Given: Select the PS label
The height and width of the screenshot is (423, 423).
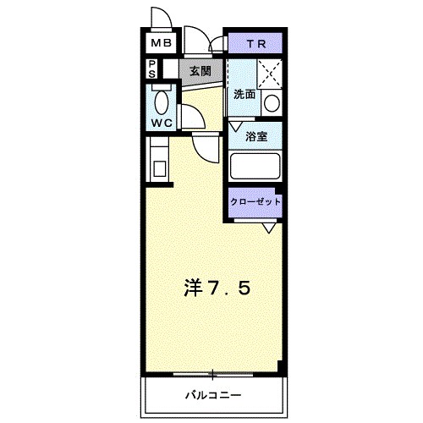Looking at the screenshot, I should (151, 69).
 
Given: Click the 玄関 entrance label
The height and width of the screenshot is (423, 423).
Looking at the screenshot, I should (200, 71).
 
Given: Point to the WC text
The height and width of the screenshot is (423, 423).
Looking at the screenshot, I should (162, 123).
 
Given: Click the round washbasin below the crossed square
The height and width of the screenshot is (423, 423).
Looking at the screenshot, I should (272, 103).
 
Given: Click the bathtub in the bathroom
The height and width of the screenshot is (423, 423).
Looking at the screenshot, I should (255, 165).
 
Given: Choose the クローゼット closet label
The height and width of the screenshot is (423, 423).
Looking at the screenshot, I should (255, 202).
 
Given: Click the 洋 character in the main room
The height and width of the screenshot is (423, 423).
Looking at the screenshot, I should (193, 288).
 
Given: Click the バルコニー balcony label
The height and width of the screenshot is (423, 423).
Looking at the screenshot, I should (212, 394).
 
